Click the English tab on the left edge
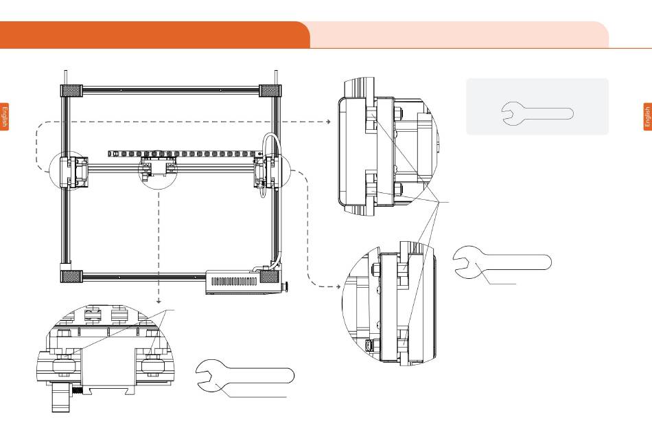4,117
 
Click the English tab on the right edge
647,117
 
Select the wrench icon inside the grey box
537,113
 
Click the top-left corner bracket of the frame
71,91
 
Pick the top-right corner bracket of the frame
270,91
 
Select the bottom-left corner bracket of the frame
71,276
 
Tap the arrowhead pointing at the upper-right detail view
329,122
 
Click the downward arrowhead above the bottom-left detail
159,301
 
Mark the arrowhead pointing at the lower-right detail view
338,286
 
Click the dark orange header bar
154,35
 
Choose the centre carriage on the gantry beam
158,168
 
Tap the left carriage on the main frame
73,171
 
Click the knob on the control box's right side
286,286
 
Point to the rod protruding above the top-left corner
65,78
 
